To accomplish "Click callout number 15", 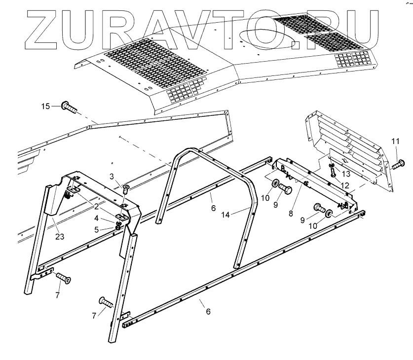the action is (45, 106).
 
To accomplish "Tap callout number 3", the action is (112, 176).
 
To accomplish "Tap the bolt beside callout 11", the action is (399, 163).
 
